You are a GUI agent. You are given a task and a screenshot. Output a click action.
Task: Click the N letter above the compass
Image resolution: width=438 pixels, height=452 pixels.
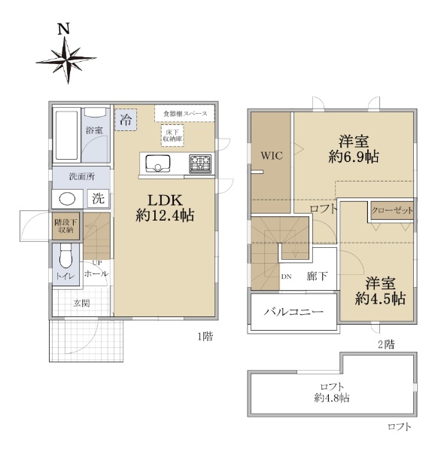64,29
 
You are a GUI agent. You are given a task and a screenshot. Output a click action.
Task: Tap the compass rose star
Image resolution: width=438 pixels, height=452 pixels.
66,60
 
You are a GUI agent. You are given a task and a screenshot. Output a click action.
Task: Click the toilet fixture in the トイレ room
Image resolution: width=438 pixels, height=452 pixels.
66,255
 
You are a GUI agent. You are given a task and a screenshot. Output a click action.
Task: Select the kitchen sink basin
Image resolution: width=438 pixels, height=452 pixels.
157,163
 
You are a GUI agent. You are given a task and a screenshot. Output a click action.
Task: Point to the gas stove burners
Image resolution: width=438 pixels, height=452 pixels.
200,163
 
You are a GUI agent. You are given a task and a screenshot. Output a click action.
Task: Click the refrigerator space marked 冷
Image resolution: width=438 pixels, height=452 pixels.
126,120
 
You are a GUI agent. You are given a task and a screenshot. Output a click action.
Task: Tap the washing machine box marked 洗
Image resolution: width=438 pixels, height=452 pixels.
98,198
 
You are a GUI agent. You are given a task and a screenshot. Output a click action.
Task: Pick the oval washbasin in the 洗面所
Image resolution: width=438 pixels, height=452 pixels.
67,199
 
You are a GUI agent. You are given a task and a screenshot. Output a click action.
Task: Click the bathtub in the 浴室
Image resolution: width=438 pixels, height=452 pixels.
66,135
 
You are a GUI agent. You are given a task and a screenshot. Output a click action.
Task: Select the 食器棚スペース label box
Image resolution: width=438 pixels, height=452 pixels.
184,114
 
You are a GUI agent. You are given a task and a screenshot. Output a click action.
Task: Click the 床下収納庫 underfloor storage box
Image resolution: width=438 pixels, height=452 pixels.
172,136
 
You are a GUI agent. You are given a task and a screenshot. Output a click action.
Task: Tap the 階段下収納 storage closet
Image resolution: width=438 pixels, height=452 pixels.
66,226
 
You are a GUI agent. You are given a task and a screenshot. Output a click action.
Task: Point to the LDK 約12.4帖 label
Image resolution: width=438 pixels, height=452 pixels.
165,208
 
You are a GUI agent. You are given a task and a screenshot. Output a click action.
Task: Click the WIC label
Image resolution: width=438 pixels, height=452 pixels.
272,156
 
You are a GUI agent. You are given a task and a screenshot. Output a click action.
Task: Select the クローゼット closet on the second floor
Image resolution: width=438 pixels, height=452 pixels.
392,210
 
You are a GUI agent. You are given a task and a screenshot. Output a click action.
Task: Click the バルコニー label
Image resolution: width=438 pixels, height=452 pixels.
294,312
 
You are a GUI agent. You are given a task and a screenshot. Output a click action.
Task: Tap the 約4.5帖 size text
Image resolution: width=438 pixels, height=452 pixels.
380,298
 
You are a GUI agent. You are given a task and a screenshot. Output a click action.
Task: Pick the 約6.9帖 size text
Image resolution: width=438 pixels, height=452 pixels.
354,157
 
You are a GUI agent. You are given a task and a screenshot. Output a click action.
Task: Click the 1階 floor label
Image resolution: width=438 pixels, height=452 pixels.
205,336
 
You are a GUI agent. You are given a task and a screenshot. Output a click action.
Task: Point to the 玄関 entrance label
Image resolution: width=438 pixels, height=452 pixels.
81,303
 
